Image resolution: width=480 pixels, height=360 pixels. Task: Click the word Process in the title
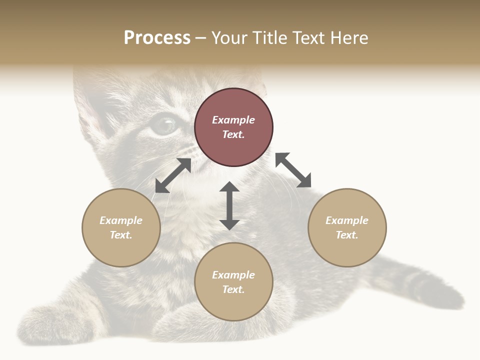click(x=157, y=38)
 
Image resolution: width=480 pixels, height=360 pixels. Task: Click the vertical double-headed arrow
click(x=229, y=205)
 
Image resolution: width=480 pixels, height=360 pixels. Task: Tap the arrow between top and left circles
click(x=173, y=175)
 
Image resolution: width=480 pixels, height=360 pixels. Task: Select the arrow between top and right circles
click(x=293, y=170)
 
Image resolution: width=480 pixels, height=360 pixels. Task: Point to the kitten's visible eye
click(x=164, y=125)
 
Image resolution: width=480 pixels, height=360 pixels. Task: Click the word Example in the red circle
click(x=233, y=120)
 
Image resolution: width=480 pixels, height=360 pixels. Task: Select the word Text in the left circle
click(x=121, y=235)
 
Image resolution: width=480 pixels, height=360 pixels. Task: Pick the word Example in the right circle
click(x=347, y=220)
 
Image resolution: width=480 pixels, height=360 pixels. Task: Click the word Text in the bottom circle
click(x=233, y=289)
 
